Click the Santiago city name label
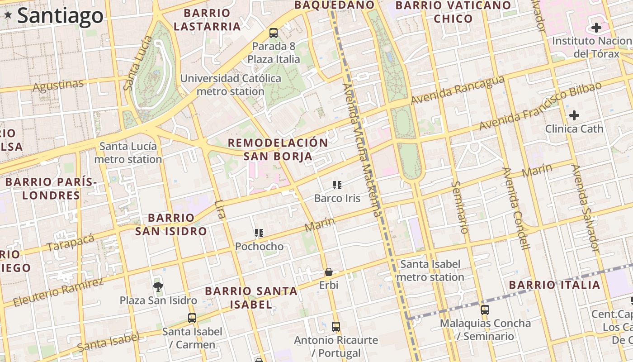tap(60, 15)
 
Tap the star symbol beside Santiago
tap(8, 15)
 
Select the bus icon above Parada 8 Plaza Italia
tap(273, 33)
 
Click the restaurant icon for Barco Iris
tap(337, 185)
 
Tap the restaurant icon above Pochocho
tap(259, 233)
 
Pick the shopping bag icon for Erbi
tap(328, 272)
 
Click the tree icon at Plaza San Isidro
tap(158, 286)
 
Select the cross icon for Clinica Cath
tap(574, 115)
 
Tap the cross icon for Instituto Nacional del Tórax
tap(596, 28)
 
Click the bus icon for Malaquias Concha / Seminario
tap(485, 310)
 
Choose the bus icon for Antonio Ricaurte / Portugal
tap(335, 326)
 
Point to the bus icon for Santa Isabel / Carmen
tap(192, 318)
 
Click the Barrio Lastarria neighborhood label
tap(207, 20)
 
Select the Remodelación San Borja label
tap(278, 150)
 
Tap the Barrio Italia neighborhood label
tap(554, 285)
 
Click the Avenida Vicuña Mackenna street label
tap(362, 149)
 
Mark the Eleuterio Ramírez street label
tap(58, 292)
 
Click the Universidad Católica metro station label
tap(231, 85)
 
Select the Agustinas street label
tap(58, 85)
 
